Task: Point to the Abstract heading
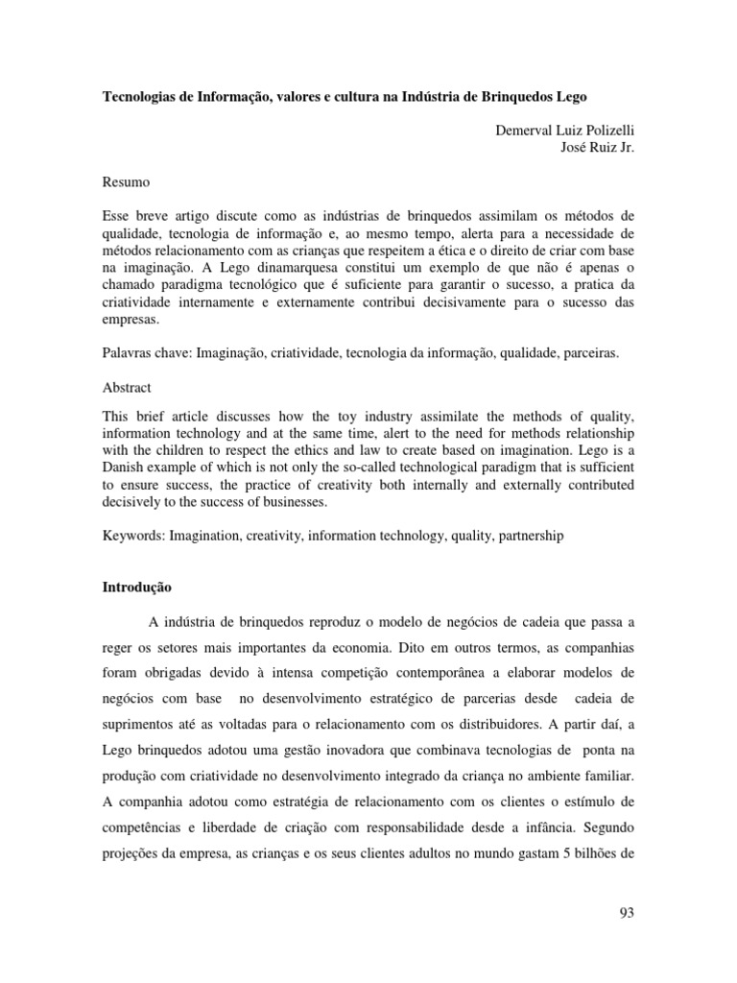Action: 127,388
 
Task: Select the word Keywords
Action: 132,536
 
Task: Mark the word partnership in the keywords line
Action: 531,536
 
